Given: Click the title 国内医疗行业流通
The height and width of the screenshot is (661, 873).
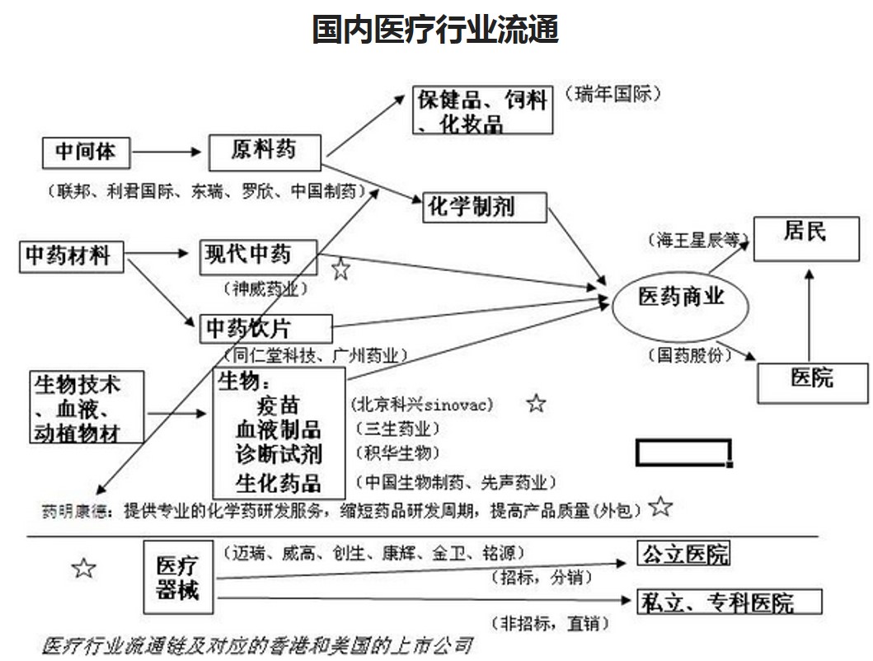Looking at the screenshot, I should click(x=435, y=30).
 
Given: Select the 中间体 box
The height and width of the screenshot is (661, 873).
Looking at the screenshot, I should click(x=87, y=152).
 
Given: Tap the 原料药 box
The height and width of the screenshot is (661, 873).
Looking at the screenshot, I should click(x=264, y=150).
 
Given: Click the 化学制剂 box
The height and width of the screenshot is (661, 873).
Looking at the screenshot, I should click(x=485, y=207).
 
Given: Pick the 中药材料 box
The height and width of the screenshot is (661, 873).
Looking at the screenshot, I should click(x=71, y=255).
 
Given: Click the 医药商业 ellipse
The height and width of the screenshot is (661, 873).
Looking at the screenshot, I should click(x=681, y=302).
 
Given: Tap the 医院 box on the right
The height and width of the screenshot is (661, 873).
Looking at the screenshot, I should click(x=811, y=381).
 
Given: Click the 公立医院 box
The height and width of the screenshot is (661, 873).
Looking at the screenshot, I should click(x=683, y=553).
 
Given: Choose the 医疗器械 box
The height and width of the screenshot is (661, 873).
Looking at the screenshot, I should click(x=177, y=578).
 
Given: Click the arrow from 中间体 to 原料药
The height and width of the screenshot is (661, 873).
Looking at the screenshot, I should click(x=167, y=152).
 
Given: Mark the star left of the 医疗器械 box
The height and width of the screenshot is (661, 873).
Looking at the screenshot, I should click(x=83, y=568).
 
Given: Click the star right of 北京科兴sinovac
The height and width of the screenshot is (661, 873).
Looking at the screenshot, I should click(x=536, y=403).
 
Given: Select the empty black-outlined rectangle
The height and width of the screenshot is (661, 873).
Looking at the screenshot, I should click(x=683, y=452).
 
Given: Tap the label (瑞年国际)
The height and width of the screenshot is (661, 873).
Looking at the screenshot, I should click(x=613, y=94).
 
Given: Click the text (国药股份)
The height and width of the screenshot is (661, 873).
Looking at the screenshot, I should click(x=689, y=354).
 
